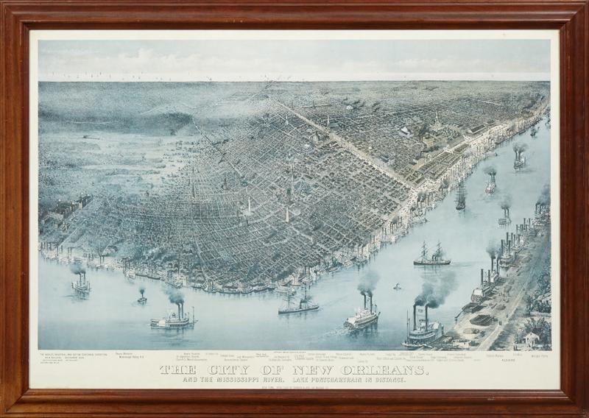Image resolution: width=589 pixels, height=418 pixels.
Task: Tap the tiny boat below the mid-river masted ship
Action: pos(398,286)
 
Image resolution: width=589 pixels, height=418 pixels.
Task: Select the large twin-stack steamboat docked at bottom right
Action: pos(423,331)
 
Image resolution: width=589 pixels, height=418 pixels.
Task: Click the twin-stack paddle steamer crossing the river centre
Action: pos(361,314)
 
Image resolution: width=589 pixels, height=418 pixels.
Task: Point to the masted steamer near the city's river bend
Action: pos(298,303)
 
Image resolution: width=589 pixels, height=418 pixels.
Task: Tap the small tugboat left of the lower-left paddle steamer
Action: pos(141,298)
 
